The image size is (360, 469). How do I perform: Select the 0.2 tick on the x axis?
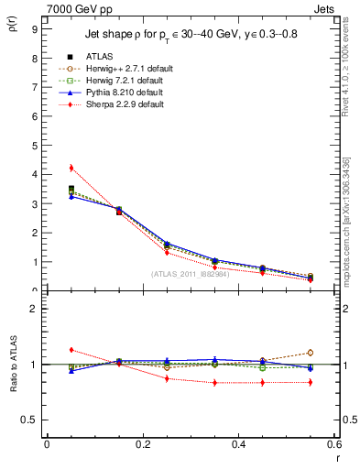point(142,443)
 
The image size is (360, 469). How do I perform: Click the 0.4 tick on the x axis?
point(238,443)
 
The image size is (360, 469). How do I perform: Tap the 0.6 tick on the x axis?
point(333,443)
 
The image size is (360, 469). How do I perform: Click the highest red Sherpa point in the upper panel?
point(71,168)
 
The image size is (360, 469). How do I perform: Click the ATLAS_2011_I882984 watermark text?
point(190,274)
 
